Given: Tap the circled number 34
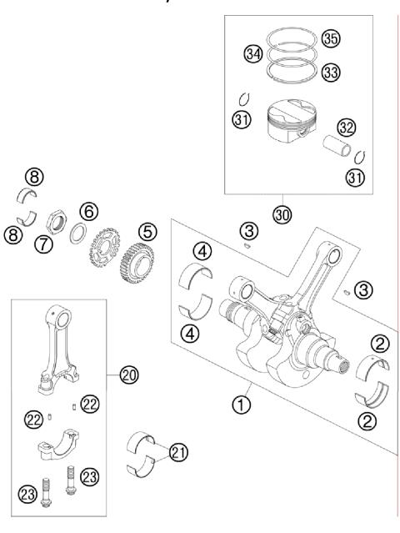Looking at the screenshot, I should tap(253, 54).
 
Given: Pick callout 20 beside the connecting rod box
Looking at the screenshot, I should tap(127, 375).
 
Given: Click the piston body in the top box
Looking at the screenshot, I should tap(288, 123).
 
